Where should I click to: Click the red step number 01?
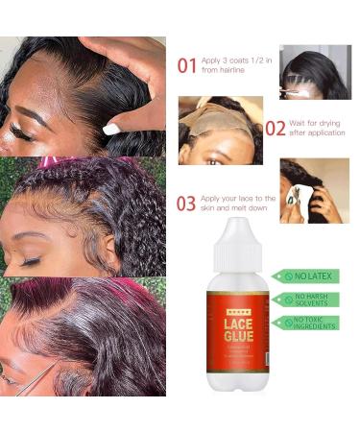click(x=187, y=65)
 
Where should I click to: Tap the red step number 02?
click(x=275, y=128)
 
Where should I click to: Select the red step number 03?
click(x=187, y=204)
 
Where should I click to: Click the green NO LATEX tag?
click(x=307, y=276)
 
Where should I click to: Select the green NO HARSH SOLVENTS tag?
click(x=307, y=300)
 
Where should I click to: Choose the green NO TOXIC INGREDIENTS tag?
click(x=307, y=324)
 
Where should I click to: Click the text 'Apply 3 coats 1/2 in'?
click(x=235, y=59)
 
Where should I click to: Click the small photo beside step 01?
click(x=315, y=72)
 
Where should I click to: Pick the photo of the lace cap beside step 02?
click(x=219, y=130)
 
